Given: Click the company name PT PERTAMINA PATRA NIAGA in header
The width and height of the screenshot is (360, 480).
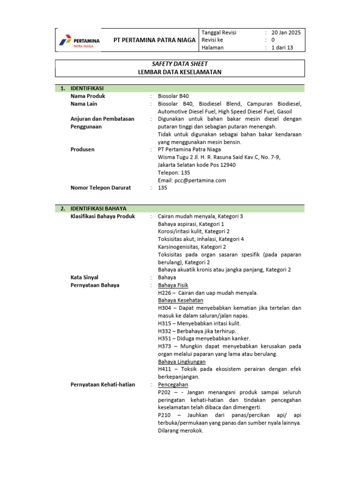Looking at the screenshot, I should [155, 40].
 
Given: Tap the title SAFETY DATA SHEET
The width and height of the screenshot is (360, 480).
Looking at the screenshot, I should [180, 64].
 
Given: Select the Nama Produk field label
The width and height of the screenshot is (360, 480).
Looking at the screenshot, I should [88, 96].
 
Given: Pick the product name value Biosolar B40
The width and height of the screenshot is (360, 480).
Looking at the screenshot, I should [173, 96].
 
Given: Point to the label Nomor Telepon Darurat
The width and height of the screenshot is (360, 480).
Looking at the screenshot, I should [100, 187].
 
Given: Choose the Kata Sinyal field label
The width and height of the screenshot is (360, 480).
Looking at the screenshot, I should [84, 277].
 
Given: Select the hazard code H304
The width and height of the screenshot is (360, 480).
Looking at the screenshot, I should [165, 308].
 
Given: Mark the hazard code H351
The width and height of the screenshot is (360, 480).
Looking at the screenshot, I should [165, 338].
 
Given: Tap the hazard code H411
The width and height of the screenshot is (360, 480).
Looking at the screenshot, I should [165, 369].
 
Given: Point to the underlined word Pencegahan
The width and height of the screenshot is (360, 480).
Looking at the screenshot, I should [173, 384].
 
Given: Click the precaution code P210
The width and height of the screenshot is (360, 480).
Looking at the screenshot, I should [165, 415].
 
